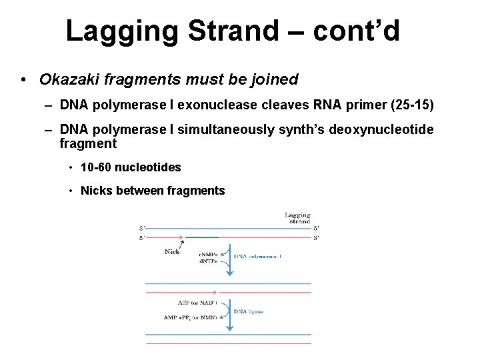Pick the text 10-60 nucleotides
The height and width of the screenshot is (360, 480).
[x=131, y=167]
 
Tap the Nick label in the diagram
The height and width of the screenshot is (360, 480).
[x=171, y=252]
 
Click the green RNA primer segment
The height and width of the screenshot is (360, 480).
[x=201, y=237]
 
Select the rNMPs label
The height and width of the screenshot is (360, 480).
[x=209, y=255]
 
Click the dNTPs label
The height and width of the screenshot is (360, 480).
[x=209, y=261]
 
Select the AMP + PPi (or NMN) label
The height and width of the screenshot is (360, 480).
[x=190, y=317]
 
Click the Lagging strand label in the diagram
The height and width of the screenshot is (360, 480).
[x=298, y=219]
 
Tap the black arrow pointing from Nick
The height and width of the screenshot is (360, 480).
[x=181, y=243]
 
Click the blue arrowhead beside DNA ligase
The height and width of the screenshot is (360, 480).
[x=230, y=327]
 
